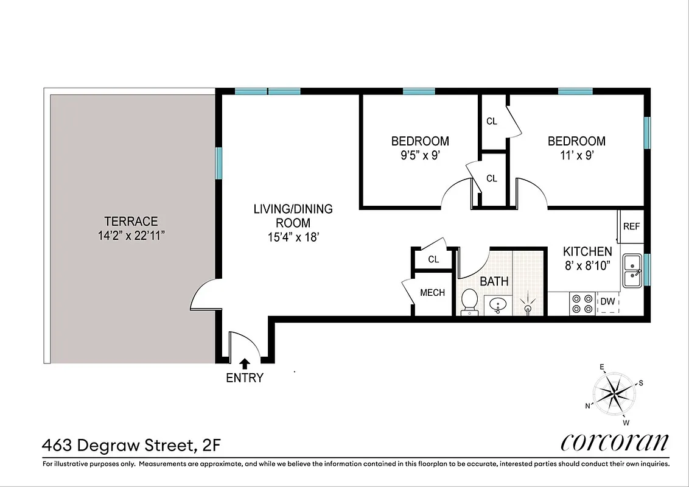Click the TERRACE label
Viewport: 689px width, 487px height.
(x=131, y=222)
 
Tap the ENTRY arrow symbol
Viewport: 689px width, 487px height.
(x=245, y=363)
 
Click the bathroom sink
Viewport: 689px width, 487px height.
(x=499, y=304)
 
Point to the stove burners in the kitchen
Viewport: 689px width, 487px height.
(x=581, y=303)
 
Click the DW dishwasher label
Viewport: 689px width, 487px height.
(x=607, y=301)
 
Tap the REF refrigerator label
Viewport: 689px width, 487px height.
(x=631, y=226)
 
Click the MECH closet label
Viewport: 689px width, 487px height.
(x=432, y=293)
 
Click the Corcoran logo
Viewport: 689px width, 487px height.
(x=614, y=442)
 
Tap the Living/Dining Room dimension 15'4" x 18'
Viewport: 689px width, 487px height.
(x=293, y=237)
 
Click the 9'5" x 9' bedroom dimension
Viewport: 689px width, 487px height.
(x=420, y=155)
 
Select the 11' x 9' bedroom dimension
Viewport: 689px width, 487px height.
(x=576, y=155)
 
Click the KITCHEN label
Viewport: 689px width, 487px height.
(x=587, y=251)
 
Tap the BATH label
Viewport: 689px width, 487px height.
(x=494, y=282)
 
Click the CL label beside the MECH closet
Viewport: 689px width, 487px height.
(x=433, y=259)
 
